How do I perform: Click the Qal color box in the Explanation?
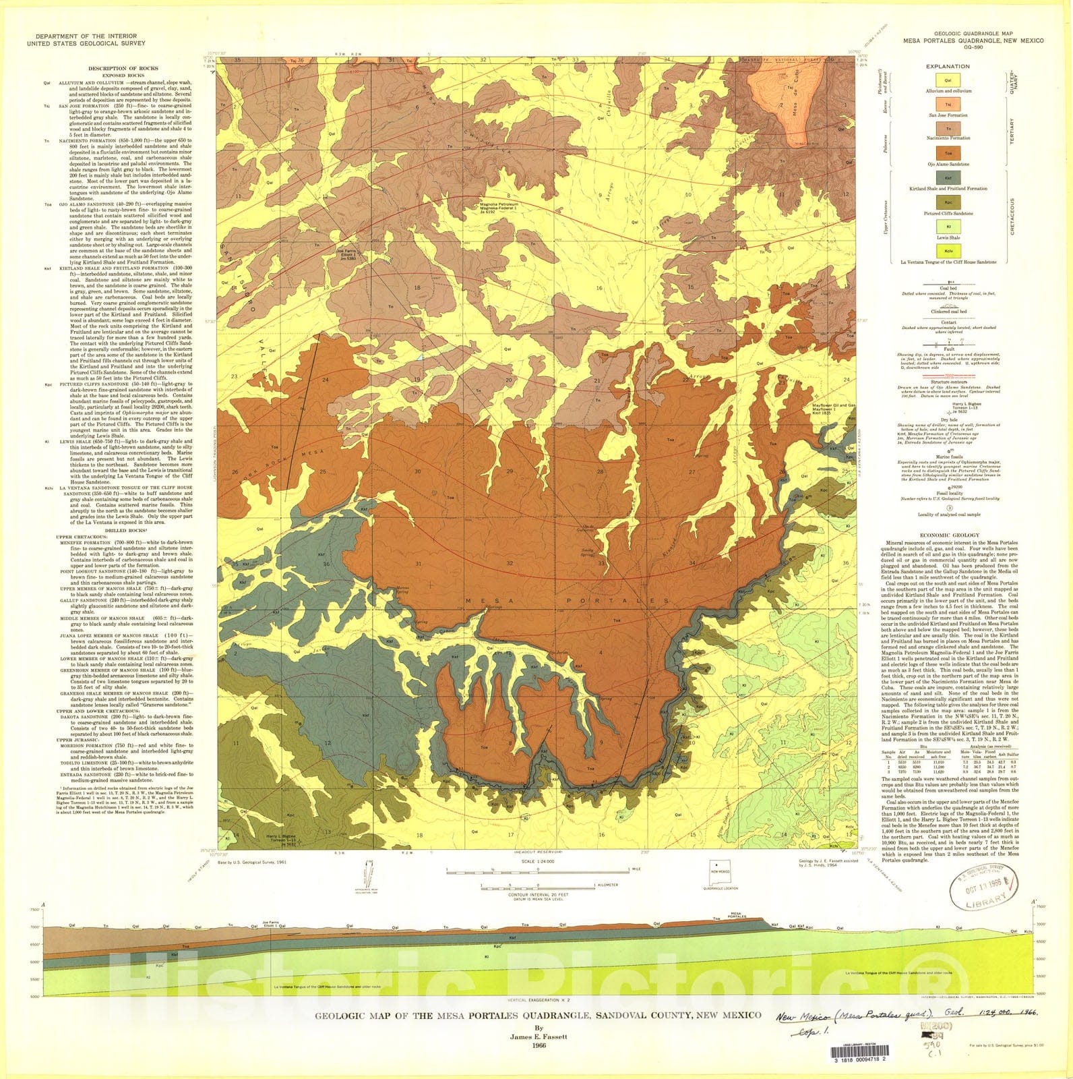point(948,81)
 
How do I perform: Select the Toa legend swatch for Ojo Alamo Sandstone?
point(948,154)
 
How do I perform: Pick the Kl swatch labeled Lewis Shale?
point(948,228)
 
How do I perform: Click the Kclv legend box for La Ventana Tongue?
point(948,252)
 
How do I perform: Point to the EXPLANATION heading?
point(948,66)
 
